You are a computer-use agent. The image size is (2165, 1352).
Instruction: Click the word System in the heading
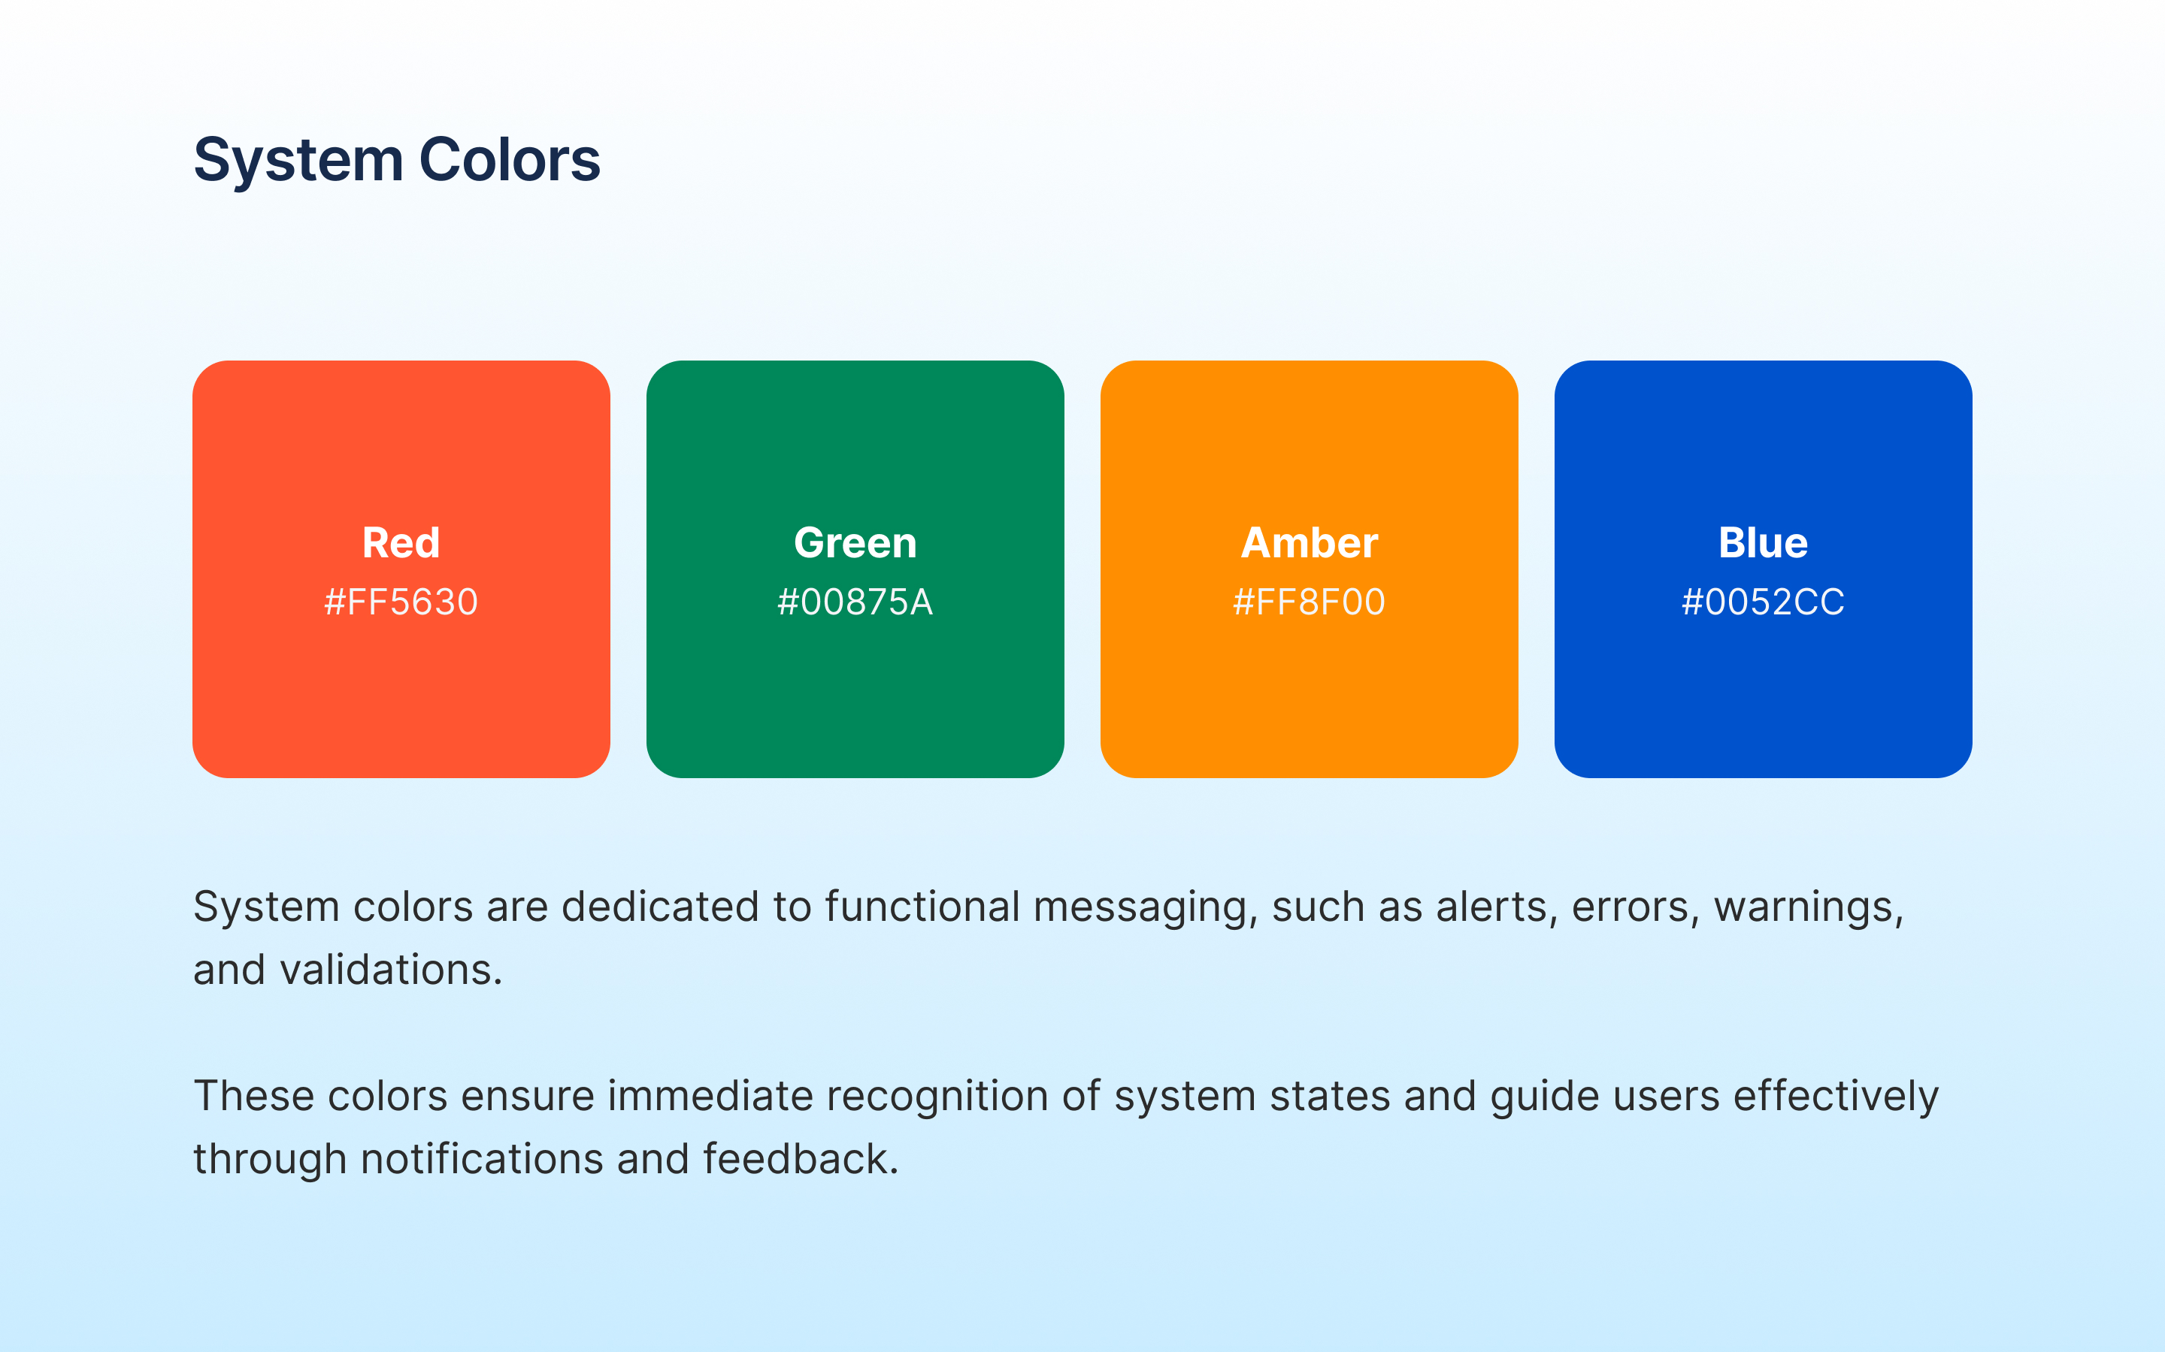tap(298, 161)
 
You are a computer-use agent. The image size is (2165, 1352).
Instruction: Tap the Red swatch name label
tap(401, 543)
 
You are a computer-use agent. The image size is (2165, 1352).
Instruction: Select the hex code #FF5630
tap(401, 602)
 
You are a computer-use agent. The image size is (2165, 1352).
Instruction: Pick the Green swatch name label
tap(855, 543)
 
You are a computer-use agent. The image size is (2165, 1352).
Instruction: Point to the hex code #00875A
tap(855, 602)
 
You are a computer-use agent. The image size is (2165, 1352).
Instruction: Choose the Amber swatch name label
tap(1310, 543)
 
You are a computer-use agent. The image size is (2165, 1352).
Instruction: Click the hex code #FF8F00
tap(1310, 602)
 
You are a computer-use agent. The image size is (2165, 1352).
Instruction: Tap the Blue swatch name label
tap(1764, 543)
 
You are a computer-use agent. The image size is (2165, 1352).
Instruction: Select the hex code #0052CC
tap(1764, 602)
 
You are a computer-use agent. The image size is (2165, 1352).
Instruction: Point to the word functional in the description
tap(922, 907)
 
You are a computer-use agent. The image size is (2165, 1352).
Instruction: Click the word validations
tap(391, 970)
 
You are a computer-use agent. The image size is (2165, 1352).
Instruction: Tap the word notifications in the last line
tap(482, 1160)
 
